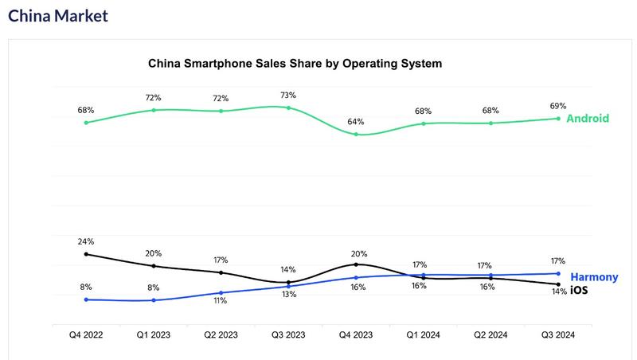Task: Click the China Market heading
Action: [57, 15]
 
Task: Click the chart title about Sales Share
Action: [295, 62]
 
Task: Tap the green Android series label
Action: [588, 119]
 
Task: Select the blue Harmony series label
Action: [594, 277]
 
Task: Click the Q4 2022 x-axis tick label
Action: [86, 335]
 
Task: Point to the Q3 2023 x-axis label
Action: [288, 335]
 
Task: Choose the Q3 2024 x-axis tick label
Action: [557, 335]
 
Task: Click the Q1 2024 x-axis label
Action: [423, 335]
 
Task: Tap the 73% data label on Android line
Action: [288, 96]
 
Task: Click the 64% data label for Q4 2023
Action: [356, 122]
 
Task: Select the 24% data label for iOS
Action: [86, 241]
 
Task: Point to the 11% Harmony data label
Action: [221, 301]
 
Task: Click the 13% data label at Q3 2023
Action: [288, 294]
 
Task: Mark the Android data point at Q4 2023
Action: [356, 135]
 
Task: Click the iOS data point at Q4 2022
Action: [86, 254]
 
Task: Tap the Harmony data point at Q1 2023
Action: [154, 300]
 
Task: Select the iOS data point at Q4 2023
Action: [356, 264]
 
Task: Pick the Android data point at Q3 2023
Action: [288, 108]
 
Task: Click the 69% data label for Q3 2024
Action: [557, 106]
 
